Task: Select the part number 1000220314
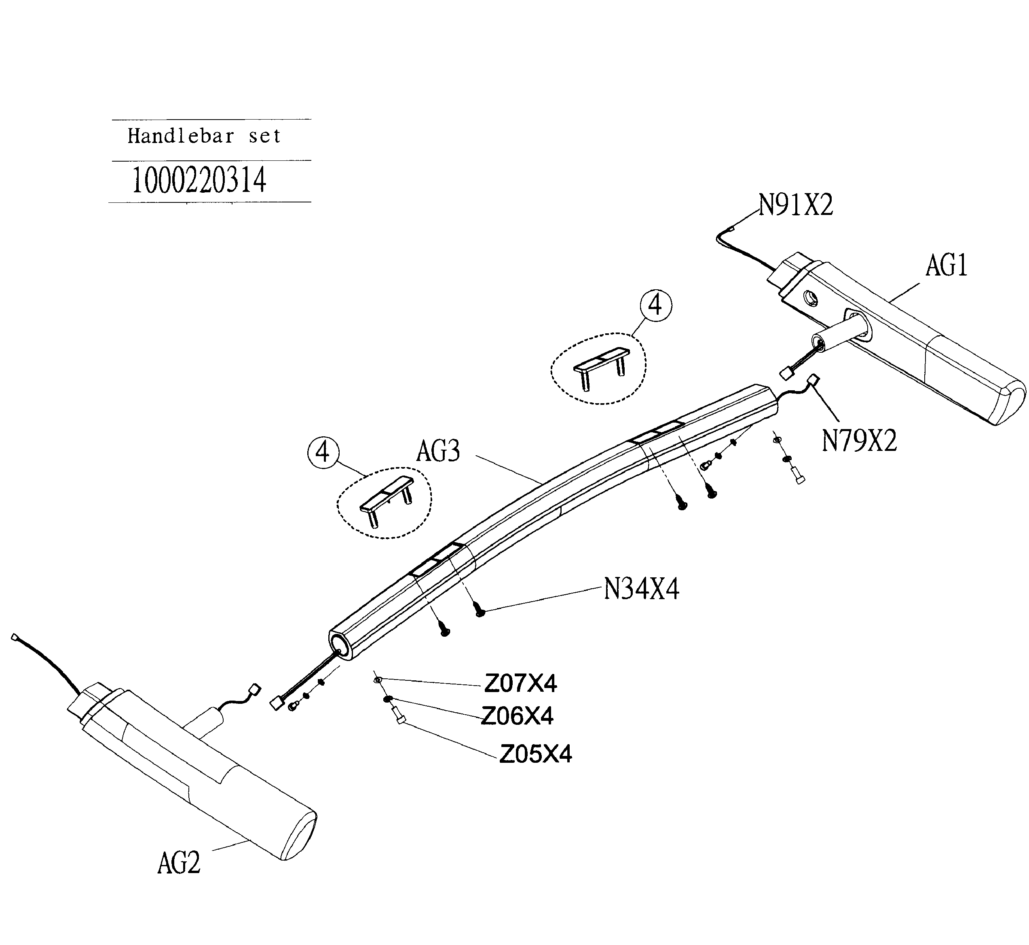[199, 181]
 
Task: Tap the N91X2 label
[796, 206]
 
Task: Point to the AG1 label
[946, 266]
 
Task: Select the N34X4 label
[641, 589]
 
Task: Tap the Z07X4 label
[520, 683]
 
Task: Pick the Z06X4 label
[517, 716]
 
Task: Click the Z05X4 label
[535, 754]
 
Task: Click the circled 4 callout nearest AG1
[655, 305]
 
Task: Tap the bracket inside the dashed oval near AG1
[601, 364]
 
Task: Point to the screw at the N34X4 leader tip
[480, 610]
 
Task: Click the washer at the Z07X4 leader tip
[378, 680]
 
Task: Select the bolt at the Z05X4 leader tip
[399, 718]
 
